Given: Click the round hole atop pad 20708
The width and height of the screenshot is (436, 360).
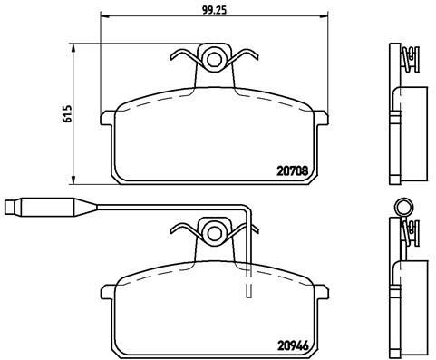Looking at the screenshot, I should (x=215, y=60).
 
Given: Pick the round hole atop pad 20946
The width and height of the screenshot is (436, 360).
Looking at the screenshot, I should (x=215, y=233).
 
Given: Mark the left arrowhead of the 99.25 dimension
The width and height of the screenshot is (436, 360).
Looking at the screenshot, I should (x=102, y=18).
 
